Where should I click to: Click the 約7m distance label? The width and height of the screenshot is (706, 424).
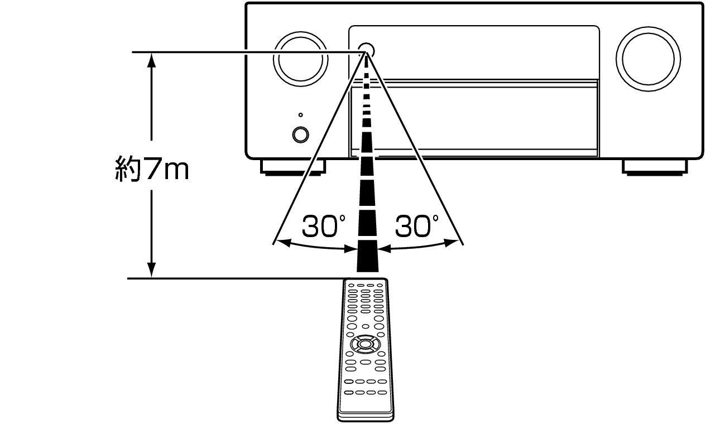click(151, 168)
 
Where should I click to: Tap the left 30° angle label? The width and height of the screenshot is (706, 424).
click(323, 225)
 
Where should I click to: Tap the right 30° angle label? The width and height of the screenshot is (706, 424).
click(416, 225)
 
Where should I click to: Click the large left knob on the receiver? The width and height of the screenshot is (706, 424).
click(301, 60)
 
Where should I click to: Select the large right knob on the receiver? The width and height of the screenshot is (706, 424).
click(649, 59)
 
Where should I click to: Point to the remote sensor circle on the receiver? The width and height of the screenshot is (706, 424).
click(366, 50)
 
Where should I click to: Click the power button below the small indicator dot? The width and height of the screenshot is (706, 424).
click(300, 135)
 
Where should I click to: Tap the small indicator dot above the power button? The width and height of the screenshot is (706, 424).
click(300, 115)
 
